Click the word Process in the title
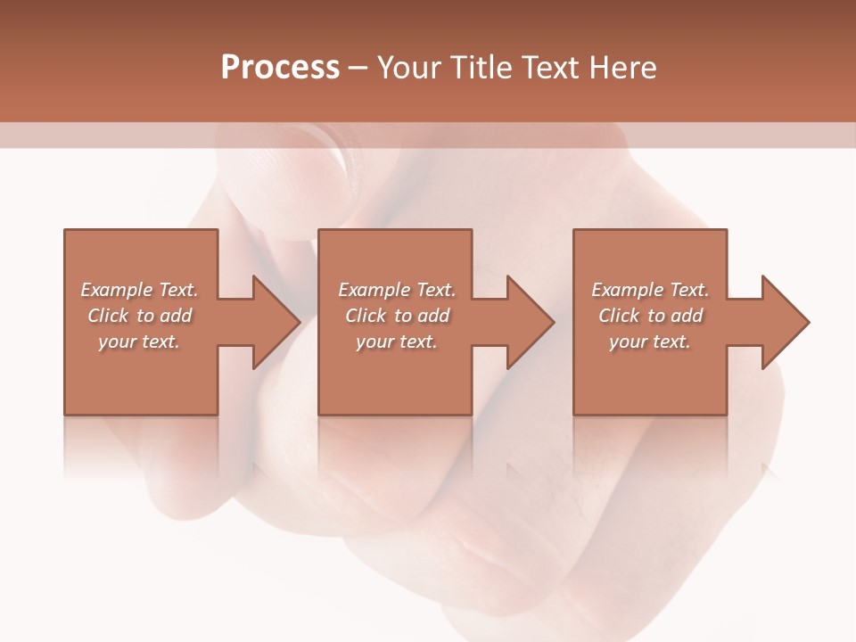click(280, 68)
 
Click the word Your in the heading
click(409, 68)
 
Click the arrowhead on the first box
click(273, 322)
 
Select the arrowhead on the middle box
click(528, 322)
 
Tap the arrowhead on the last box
click(783, 322)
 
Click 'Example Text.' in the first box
click(140, 290)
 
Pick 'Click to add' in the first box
click(140, 316)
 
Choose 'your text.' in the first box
click(140, 342)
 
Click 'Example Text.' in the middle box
click(397, 290)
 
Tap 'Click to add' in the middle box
click(397, 316)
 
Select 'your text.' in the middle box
click(397, 342)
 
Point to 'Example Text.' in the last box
click(650, 290)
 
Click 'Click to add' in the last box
click(650, 316)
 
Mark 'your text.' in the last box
click(650, 342)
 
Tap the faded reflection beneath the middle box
click(395, 446)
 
